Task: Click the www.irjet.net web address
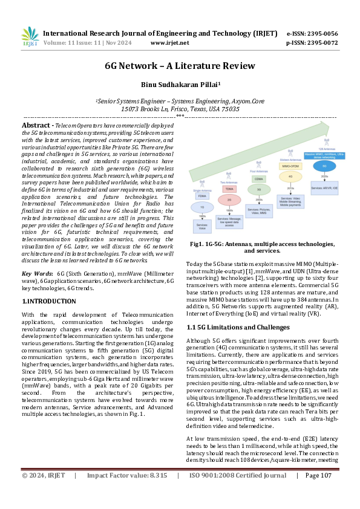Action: click(169, 43)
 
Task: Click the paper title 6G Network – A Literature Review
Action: click(180, 66)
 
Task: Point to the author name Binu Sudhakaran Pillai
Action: click(180, 85)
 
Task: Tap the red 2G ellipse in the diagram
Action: click(229, 199)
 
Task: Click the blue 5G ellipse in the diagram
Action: click(324, 165)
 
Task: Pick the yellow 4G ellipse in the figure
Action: click(290, 177)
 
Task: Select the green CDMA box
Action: click(258, 179)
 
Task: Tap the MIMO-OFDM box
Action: click(291, 165)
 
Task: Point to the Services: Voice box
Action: click(202, 226)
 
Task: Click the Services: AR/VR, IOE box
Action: click(324, 187)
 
